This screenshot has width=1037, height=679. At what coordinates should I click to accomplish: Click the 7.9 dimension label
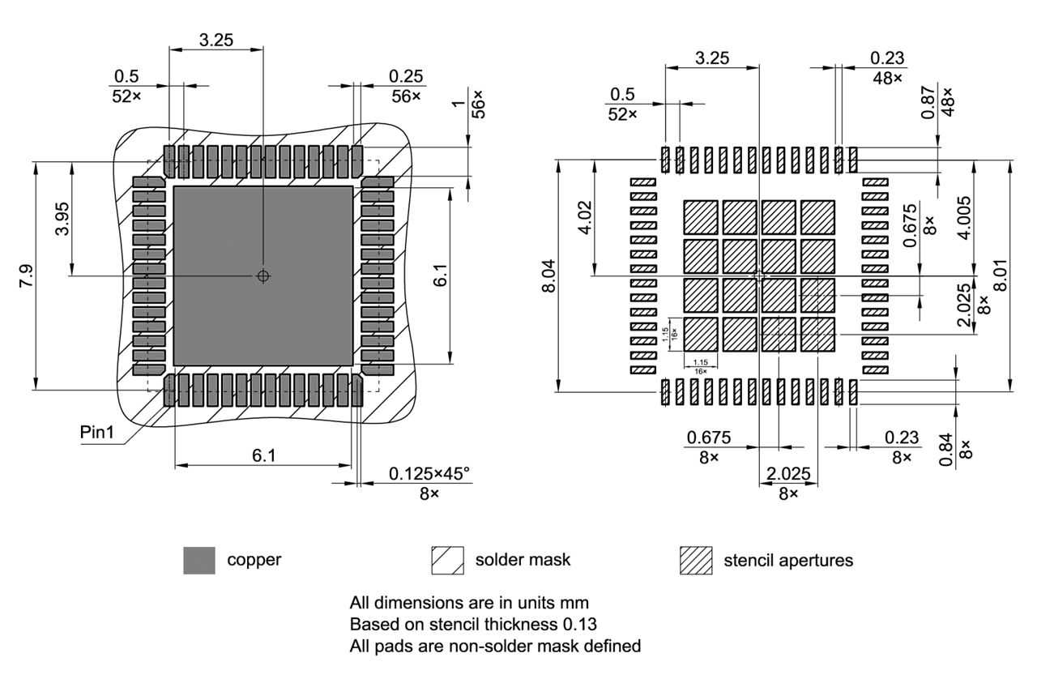coord(26,276)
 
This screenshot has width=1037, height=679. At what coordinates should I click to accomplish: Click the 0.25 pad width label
coord(405,76)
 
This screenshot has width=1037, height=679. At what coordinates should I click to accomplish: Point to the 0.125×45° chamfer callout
coord(429,474)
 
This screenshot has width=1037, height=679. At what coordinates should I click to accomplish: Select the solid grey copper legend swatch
coord(199,560)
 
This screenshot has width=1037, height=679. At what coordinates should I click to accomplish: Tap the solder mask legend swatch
coord(448,560)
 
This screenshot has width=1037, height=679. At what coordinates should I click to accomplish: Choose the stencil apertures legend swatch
coord(696,560)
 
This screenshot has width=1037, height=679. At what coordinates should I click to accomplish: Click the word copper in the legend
coord(254,560)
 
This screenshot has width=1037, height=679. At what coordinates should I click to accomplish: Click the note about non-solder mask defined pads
coord(495,647)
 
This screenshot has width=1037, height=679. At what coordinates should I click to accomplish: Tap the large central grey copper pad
coord(263,275)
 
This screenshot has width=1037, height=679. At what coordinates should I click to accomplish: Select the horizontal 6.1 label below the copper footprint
coord(263,456)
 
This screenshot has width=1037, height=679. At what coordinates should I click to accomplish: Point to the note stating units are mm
coord(469,603)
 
